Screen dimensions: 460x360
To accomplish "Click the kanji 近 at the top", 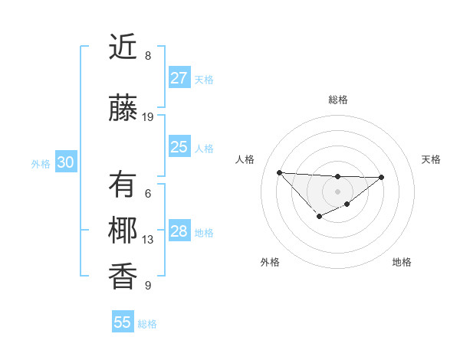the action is [123, 47].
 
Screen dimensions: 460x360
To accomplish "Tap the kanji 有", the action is [123, 185].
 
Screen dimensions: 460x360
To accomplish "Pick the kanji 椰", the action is [123, 231].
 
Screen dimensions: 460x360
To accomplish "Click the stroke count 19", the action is [149, 117].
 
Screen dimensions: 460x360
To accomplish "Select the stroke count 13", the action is [149, 240].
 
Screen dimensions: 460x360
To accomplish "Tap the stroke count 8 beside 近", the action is [148, 56].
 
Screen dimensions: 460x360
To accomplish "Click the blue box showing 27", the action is [179, 78].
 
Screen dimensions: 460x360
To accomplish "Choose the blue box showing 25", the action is [179, 147].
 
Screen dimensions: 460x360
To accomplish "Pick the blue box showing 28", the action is [179, 231].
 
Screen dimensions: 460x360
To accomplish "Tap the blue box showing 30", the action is [66, 162].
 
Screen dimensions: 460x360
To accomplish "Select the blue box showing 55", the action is [123, 322].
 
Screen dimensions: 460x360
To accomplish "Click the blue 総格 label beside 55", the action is [148, 324].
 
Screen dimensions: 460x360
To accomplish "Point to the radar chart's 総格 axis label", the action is [338, 100].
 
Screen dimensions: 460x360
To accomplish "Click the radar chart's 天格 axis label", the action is [432, 159].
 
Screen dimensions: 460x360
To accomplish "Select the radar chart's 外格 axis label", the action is [270, 262].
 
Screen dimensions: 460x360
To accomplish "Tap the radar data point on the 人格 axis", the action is [280, 172].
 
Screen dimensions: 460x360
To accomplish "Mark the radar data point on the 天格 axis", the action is [382, 177].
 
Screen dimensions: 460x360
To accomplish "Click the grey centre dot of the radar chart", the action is [337, 191].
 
